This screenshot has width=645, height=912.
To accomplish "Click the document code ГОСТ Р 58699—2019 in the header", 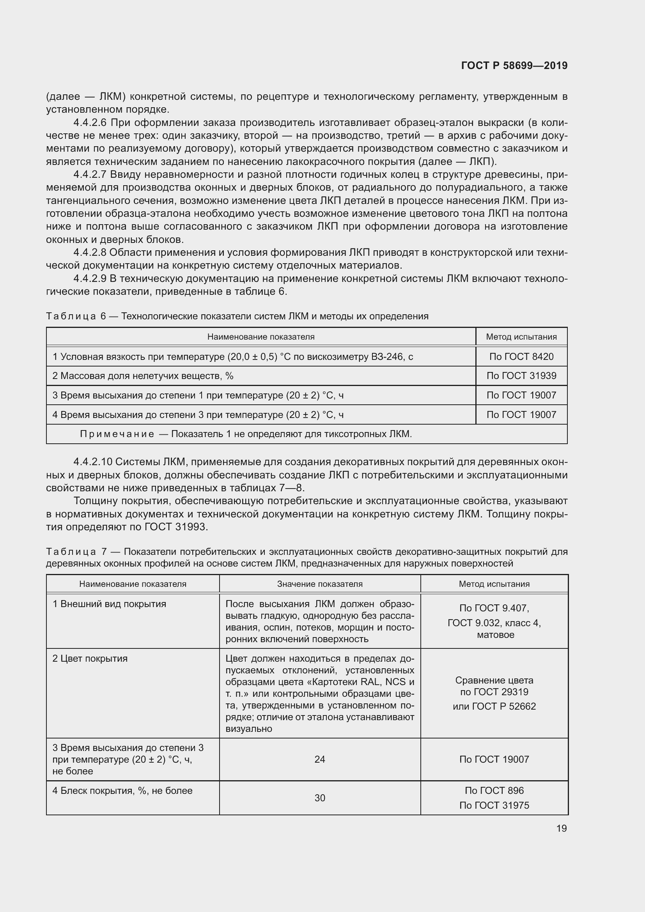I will click(514, 66).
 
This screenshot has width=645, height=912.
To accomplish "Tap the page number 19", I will click(561, 828).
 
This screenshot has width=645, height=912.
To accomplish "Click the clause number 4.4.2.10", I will click(92, 462).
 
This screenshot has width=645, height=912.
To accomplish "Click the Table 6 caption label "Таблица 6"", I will click(76, 316).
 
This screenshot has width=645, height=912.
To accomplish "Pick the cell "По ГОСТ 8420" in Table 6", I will click(521, 357).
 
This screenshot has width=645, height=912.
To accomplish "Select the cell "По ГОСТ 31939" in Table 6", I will click(521, 376).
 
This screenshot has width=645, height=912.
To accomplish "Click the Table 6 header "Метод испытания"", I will click(521, 337).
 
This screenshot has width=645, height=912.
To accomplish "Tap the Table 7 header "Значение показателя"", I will click(320, 584).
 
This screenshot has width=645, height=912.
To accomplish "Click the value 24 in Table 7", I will click(320, 760).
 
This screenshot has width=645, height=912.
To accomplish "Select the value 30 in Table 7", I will click(320, 798).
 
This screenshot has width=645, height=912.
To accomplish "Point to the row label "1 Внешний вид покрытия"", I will click(109, 604).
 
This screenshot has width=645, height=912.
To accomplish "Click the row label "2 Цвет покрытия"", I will click(90, 659).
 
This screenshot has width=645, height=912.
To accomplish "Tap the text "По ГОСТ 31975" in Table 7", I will click(494, 805).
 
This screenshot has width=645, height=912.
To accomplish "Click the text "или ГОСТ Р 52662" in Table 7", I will click(494, 706).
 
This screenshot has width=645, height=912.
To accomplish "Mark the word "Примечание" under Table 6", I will click(117, 434).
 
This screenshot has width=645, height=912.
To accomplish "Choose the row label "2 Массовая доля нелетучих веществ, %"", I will click(143, 376).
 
